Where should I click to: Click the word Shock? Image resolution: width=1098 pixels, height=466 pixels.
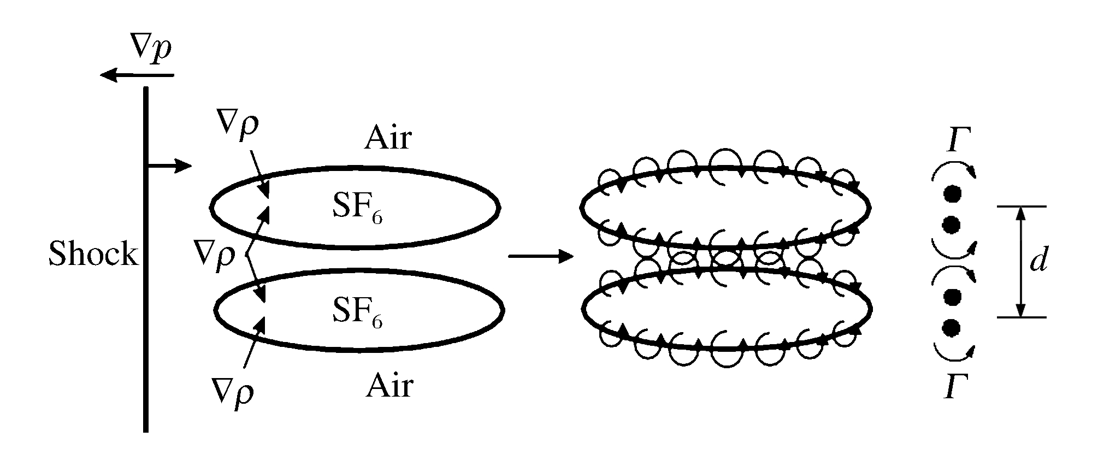93,254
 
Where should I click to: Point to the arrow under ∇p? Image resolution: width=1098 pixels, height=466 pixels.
137,75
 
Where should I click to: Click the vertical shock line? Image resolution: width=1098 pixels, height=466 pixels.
146,328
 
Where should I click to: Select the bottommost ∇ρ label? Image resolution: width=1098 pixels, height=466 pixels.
233,391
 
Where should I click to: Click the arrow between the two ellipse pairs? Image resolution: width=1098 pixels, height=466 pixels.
541,256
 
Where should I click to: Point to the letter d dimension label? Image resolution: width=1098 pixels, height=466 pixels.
1038,262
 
